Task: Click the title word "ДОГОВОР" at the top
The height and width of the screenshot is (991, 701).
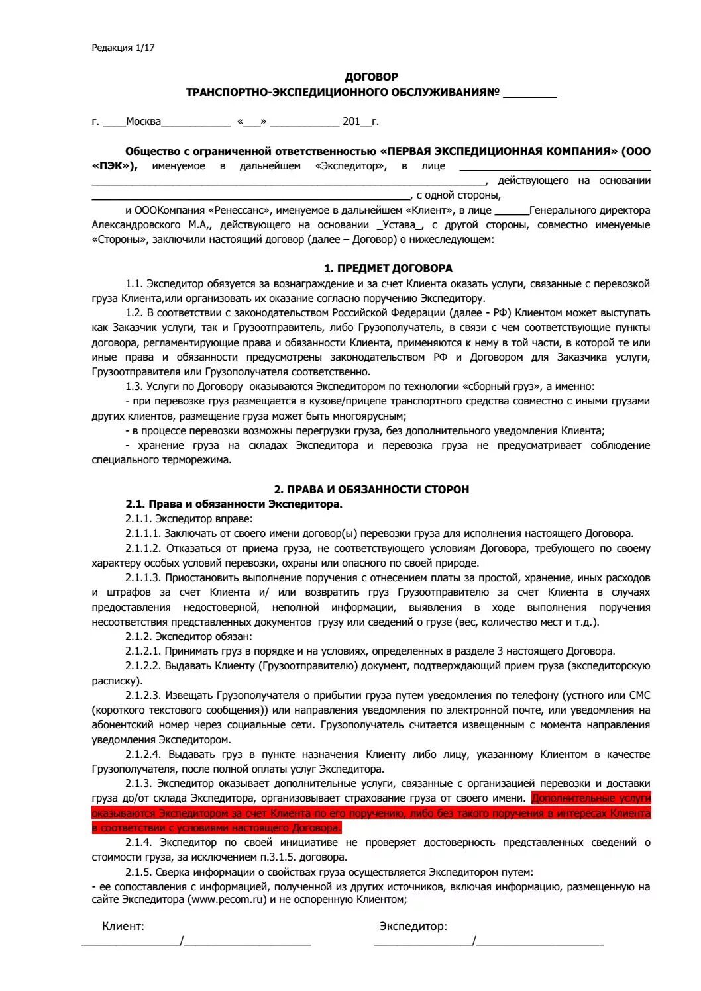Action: tap(371, 77)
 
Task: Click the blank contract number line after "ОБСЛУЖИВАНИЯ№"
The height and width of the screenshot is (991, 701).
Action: tap(529, 93)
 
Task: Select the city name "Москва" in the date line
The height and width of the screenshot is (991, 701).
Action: tap(143, 122)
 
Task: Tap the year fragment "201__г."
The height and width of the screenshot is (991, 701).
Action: tap(360, 122)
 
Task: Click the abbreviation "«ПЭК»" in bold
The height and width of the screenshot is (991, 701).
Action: tap(114, 166)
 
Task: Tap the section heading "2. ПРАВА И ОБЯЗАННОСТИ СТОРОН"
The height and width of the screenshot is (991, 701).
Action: tap(371, 489)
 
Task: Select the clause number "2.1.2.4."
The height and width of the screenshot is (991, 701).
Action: tap(143, 755)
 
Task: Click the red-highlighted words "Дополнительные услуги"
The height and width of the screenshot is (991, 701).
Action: tap(591, 798)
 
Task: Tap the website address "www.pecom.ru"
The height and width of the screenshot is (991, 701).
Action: tap(229, 900)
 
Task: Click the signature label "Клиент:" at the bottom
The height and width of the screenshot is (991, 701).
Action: tap(123, 927)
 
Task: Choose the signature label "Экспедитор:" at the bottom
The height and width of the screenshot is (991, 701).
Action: tap(413, 927)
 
